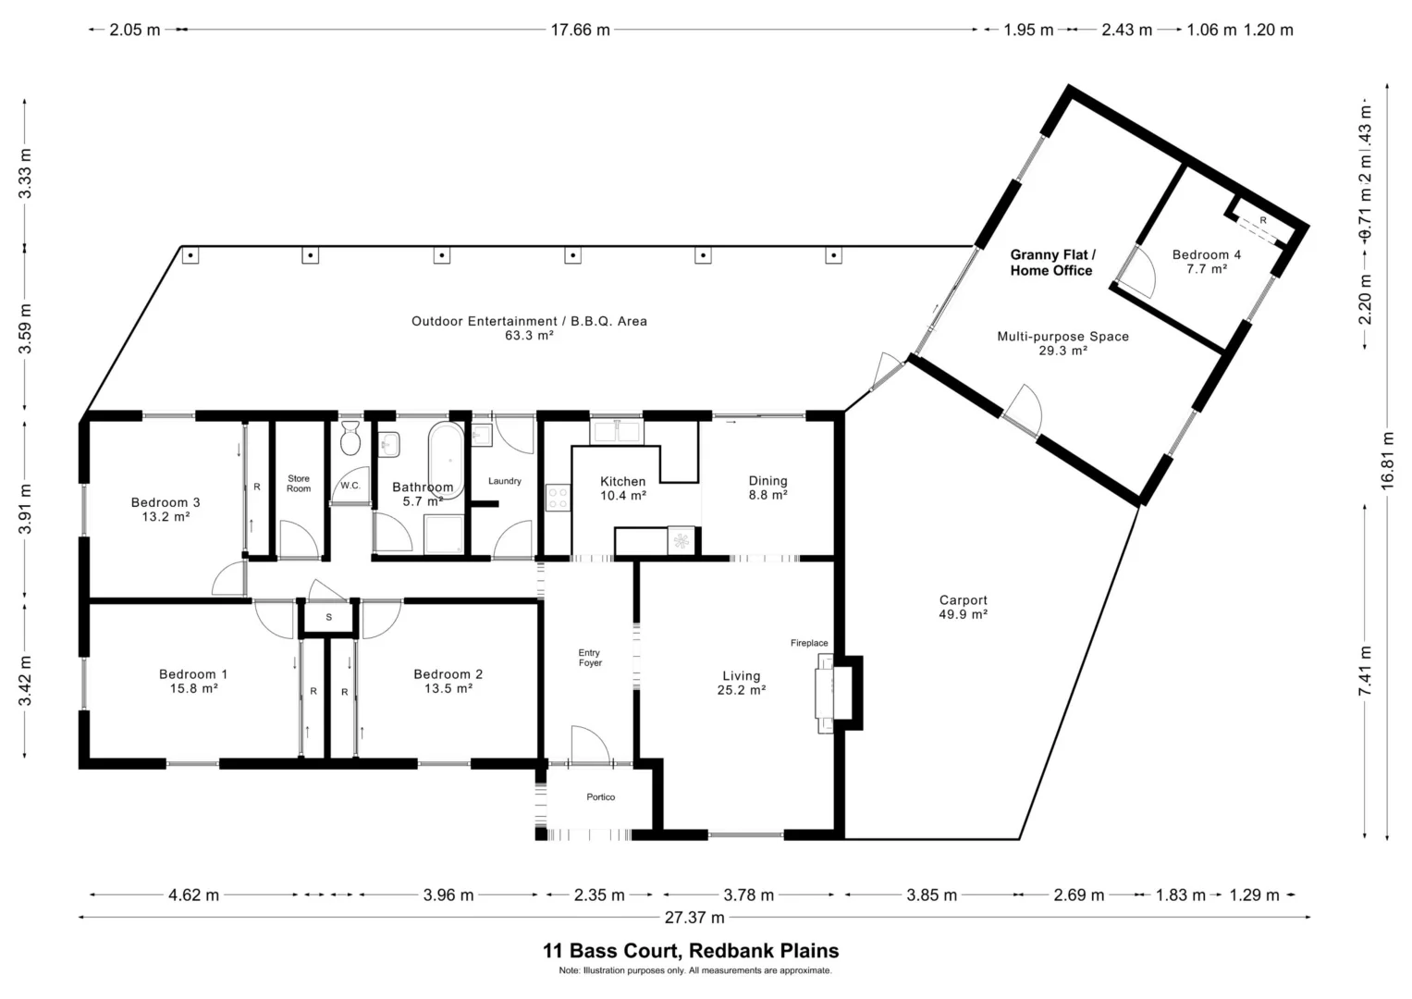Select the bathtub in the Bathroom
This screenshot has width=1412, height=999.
pos(447,461)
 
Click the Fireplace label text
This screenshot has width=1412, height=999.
pos(809,643)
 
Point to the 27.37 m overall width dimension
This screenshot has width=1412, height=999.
pos(694,917)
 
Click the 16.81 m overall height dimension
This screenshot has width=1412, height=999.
pos(1387,461)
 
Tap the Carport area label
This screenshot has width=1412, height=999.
pos(964,608)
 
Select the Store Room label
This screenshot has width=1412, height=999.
pos(299,484)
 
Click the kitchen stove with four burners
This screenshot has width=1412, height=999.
pos(558,497)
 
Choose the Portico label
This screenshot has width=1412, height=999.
pos(601,797)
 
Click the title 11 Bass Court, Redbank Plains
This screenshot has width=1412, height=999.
pos(691,951)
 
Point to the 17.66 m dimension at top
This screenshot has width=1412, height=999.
pos(581,30)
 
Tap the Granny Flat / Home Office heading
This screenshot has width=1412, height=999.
pos(1052,263)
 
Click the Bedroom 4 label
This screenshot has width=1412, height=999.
pos(1207,262)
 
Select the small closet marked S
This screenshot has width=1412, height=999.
pos(328,618)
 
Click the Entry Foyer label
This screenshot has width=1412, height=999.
pos(590,658)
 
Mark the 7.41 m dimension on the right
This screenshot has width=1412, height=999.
pos(1365,672)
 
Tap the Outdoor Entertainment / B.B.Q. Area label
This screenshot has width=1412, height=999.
pos(530,328)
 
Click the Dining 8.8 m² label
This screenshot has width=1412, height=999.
pos(767,488)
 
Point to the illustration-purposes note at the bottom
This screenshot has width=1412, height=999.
pos(695,970)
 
